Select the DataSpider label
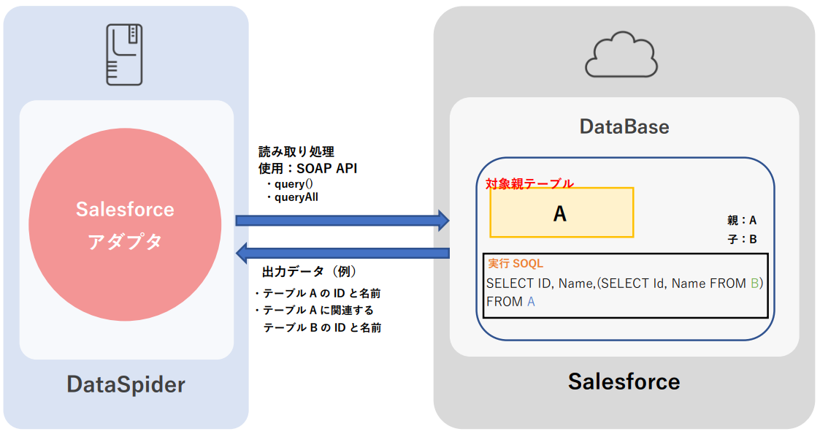coord(126,384)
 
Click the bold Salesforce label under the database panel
coord(624,381)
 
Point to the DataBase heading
coord(624,126)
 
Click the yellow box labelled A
coord(561,213)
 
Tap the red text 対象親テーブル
coord(529,184)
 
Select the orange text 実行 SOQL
coord(516,263)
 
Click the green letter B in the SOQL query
coord(755,284)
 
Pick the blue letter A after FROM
coord(531,301)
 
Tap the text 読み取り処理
coord(296,152)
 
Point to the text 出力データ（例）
coord(309,272)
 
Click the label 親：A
coord(742,220)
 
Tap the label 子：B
coord(742,238)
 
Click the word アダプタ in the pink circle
coord(125,243)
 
